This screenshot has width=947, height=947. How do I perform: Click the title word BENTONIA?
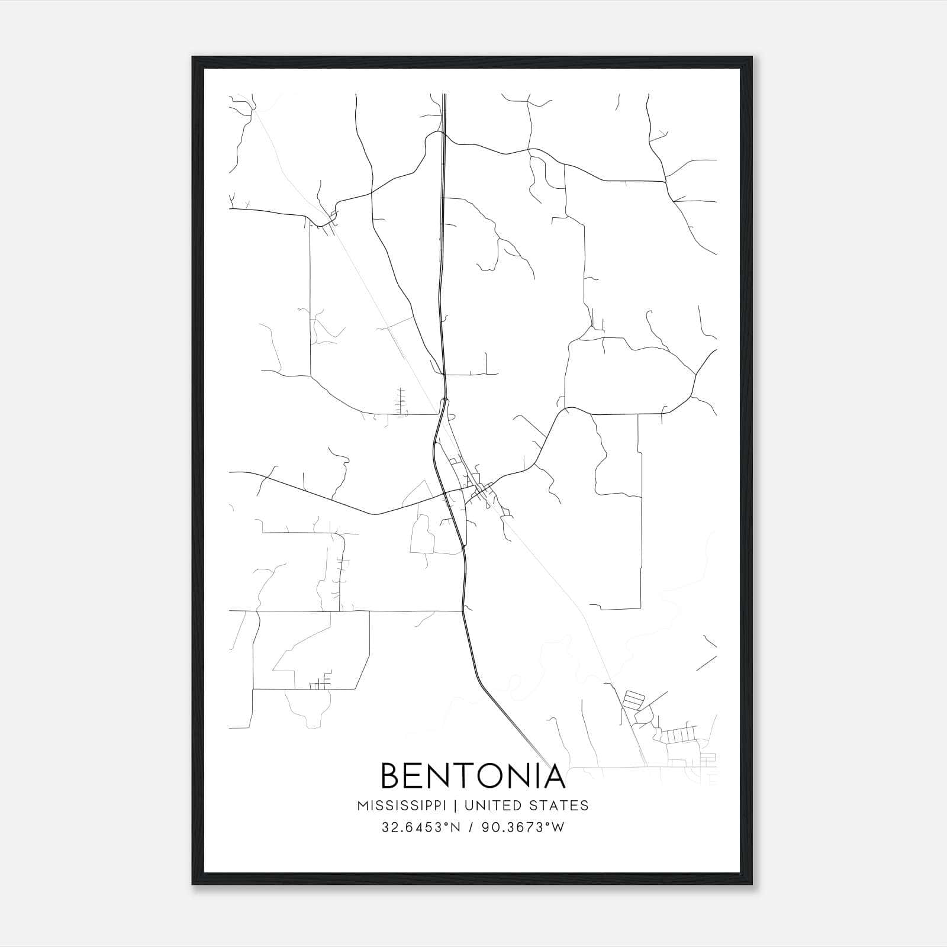[473, 776]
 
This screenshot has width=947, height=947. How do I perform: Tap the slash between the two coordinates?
[471, 827]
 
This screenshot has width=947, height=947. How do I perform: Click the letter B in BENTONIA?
[392, 776]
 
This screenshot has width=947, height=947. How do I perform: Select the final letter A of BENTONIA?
[554, 776]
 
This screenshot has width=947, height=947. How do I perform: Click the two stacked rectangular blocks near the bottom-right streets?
[633, 699]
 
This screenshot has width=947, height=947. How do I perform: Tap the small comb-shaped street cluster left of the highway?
[401, 401]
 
